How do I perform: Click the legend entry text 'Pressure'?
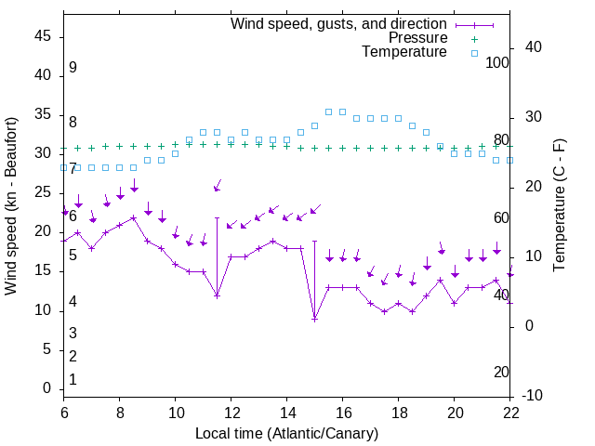point(417,38)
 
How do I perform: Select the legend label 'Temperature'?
point(404,52)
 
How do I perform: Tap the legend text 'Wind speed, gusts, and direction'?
point(339,23)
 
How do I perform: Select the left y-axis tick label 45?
point(43,36)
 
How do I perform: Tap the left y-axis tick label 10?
point(43,310)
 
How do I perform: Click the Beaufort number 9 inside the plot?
point(73,68)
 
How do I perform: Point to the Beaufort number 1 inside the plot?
point(73,380)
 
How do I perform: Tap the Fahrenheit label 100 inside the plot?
point(498,63)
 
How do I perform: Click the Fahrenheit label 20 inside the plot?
point(502,373)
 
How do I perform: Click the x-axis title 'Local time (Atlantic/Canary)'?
point(287,433)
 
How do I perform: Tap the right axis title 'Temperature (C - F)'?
point(560,206)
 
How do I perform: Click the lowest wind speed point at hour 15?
point(315,319)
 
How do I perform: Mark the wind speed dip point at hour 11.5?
point(218,295)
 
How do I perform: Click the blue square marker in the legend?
point(474,53)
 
